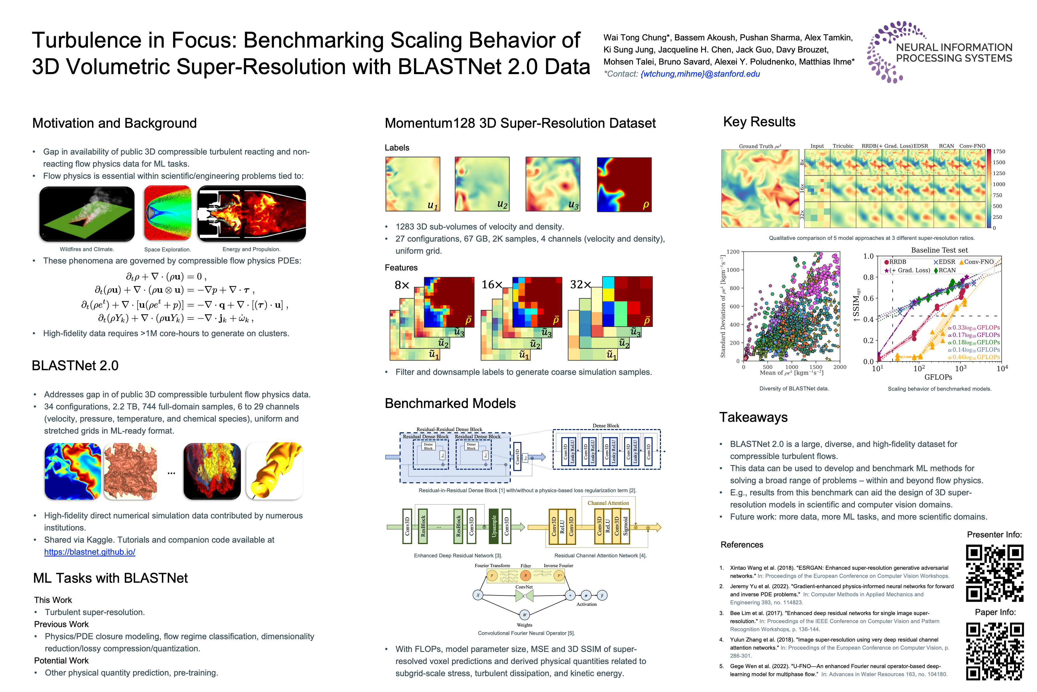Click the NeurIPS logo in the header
pos(939,52)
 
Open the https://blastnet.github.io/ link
pos(90,552)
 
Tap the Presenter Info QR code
pos(994,573)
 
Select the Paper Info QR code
pos(994,651)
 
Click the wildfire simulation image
pos(87,214)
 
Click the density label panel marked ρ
pos(624,185)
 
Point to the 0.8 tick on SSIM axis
pos(868,277)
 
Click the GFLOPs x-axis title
pos(938,377)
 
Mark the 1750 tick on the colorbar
pos(999,151)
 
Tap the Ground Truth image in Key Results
pos(760,189)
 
